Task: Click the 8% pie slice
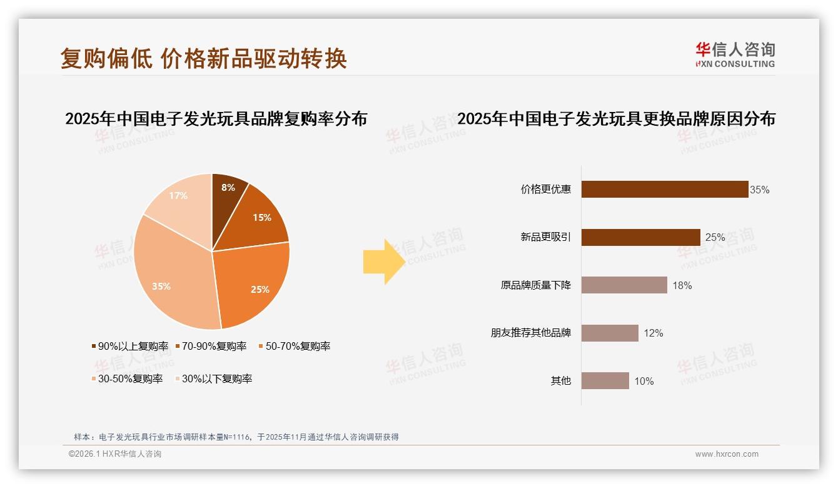[x=226, y=191]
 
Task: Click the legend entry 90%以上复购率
[x=130, y=346]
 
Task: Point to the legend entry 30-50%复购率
[x=127, y=379]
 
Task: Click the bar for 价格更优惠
[x=665, y=189]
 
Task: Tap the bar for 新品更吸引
[x=640, y=237]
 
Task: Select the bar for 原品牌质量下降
[x=624, y=285]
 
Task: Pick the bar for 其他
[x=605, y=380]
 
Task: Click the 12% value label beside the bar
[x=653, y=333]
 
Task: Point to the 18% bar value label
[x=682, y=286]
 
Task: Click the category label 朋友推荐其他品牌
[x=530, y=333]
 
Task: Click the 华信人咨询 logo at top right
[x=735, y=54]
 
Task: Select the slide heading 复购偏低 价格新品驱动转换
[x=203, y=58]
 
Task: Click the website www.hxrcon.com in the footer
[x=727, y=454]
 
